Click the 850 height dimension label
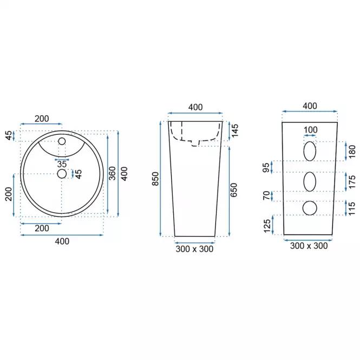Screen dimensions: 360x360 pos(156,179)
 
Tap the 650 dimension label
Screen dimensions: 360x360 pos(233,190)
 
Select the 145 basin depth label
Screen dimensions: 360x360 pos(235,130)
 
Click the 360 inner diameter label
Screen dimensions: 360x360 pos(112,173)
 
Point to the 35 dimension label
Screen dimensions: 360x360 pos(62,164)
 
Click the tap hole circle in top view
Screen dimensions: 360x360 pos(62,141)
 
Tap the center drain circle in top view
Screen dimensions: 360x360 pos(62,174)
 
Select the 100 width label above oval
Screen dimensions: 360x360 pos(310,130)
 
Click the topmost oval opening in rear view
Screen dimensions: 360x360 pos(310,151)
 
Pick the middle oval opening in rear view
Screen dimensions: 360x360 pos(310,181)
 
